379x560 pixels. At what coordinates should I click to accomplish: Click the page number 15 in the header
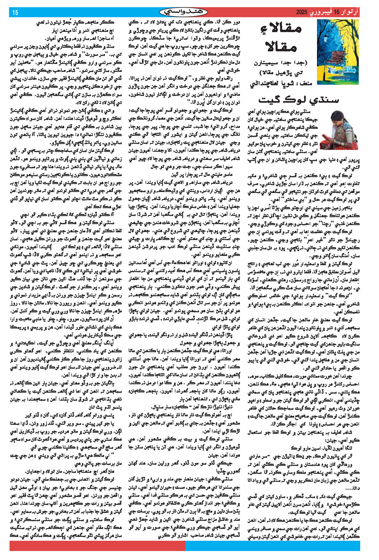coord(15,13)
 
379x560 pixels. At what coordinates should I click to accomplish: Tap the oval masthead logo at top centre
coord(183,12)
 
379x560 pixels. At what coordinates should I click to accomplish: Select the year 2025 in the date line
coord(302,13)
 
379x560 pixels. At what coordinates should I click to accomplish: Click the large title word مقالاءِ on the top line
coord(280,29)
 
